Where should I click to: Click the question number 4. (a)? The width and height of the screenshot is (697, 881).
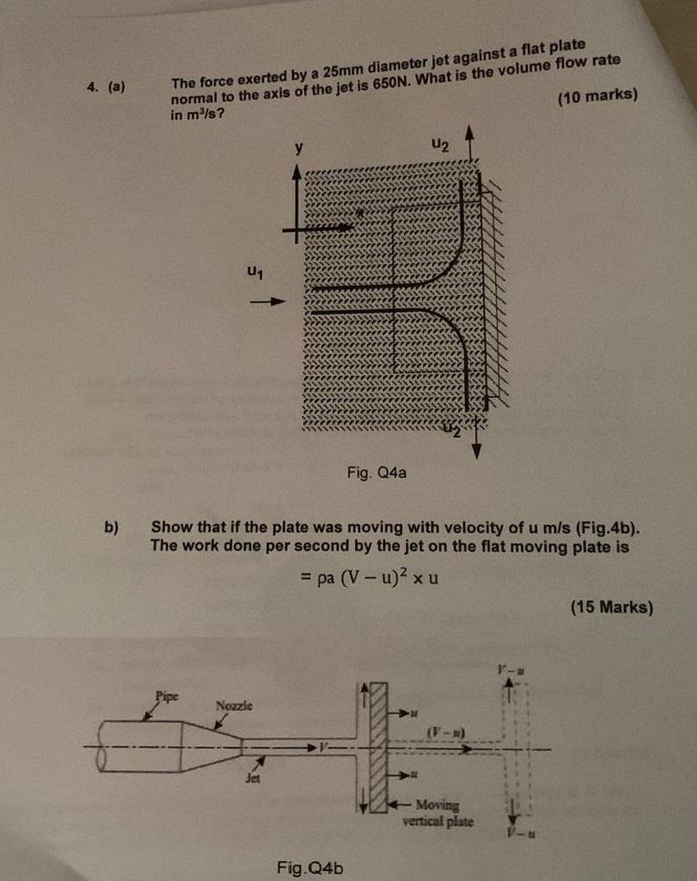[106, 88]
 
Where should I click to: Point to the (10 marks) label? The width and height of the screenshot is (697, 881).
[601, 97]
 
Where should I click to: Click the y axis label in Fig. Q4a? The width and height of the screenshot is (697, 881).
[297, 146]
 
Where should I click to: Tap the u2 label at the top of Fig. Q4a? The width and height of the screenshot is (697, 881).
[440, 144]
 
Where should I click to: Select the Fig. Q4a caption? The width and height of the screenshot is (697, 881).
[376, 472]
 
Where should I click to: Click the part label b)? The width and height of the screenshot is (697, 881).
[113, 526]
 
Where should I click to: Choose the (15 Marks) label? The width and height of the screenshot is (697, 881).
[611, 608]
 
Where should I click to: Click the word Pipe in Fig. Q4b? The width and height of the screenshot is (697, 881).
[167, 695]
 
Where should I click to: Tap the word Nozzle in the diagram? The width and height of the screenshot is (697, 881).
[235, 706]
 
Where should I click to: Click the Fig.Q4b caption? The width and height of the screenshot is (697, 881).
[310, 866]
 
